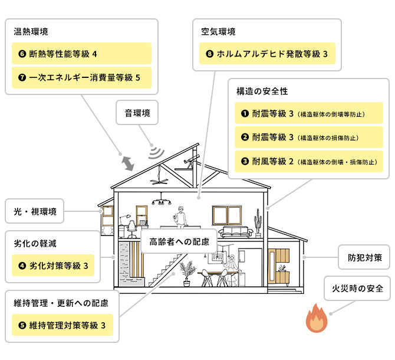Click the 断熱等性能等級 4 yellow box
point(81,54)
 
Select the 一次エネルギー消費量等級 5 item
point(81,77)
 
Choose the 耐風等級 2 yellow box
point(309,160)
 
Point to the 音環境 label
point(137,113)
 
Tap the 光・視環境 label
point(35,211)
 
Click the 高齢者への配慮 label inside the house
point(179,241)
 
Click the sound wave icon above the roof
point(156,152)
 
